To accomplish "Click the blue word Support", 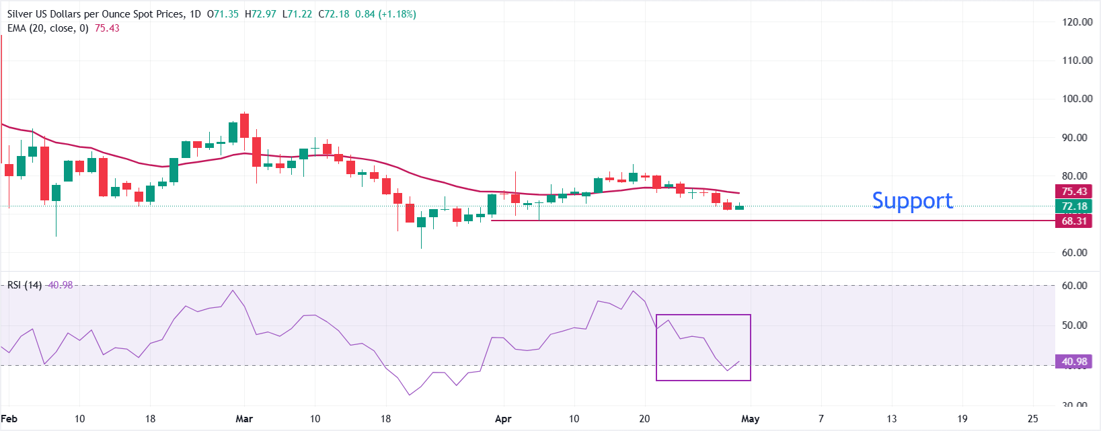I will tap(912, 200).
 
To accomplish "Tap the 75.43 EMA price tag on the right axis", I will tap(1074, 192).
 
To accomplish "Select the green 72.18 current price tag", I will tap(1074, 206).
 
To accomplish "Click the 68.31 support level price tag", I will tap(1074, 221).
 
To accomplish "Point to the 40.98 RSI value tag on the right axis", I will tap(1074, 362).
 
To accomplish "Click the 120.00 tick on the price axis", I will tap(1077, 22).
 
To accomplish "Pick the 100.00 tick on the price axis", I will tap(1077, 98).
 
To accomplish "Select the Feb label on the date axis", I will tap(9, 419).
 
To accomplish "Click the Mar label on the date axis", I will tap(244, 419).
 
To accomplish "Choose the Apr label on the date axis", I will tap(503, 419).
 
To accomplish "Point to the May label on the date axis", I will tap(750, 419).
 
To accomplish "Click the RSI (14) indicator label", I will tap(24, 285).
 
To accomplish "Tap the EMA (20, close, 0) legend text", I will tap(48, 28).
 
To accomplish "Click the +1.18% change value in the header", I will tap(397, 14).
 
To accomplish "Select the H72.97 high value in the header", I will tap(260, 14).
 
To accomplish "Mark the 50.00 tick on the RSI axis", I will tap(1074, 325).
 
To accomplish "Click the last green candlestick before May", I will tap(739, 207).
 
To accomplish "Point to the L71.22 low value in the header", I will tap(297, 14).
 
